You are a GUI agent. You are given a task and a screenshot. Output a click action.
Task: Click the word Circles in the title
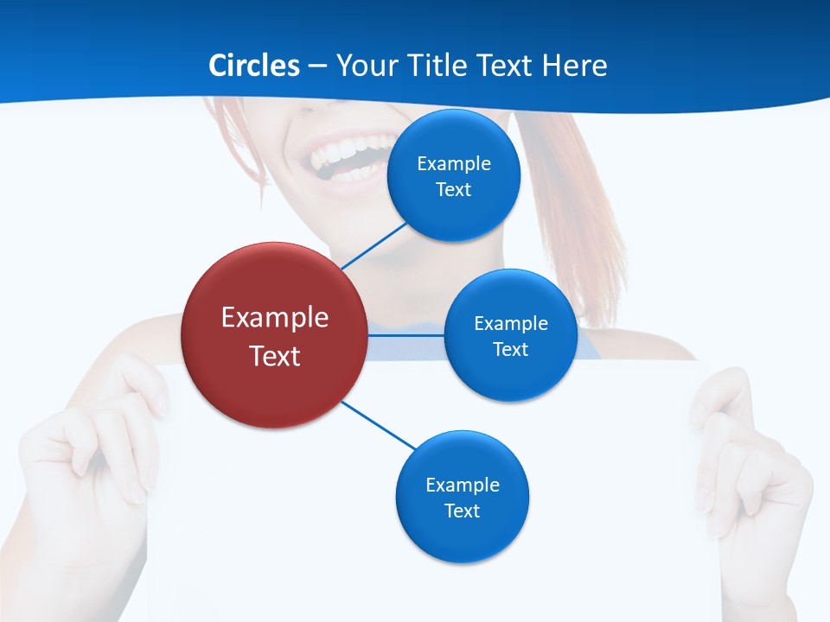tap(254, 65)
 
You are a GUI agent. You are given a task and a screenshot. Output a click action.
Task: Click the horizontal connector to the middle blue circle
tap(406, 334)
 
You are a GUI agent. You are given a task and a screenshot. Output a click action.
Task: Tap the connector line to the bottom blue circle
tap(379, 425)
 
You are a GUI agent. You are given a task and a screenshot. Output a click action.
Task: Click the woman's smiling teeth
tap(346, 155)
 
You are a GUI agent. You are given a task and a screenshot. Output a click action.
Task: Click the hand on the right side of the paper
tap(752, 466)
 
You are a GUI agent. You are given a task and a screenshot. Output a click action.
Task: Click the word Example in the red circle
tap(275, 317)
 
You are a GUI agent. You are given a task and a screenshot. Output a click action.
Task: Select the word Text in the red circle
tap(275, 356)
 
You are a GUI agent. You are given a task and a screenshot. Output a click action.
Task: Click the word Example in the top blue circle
tap(454, 163)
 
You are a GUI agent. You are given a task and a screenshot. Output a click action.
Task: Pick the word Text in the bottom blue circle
tap(462, 511)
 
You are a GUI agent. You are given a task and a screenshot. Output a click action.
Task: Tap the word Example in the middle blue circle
tap(511, 323)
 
